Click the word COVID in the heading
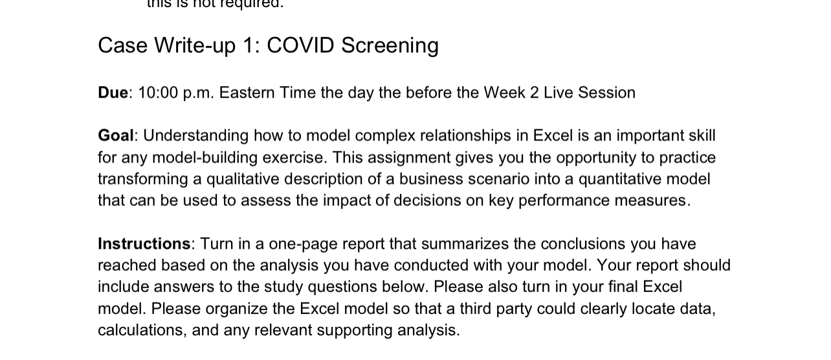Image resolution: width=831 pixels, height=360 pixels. point(300,45)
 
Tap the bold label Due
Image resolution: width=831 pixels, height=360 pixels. point(113,93)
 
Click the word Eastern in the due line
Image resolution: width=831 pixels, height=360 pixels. point(247,93)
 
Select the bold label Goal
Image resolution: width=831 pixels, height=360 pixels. point(115,135)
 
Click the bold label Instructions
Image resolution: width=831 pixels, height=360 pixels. point(144,243)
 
